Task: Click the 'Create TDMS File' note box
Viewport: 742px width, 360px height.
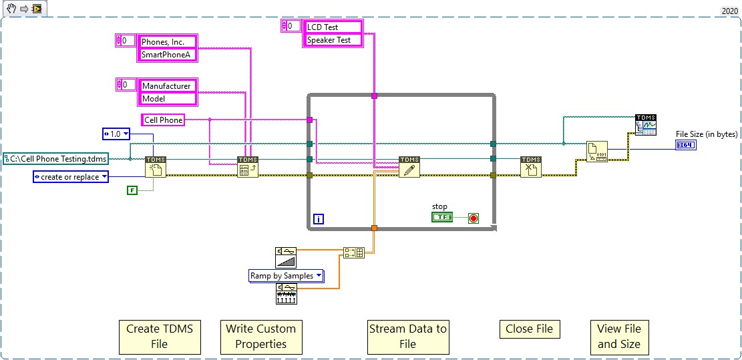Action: pos(160,337)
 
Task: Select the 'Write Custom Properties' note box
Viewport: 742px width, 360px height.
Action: pos(260,337)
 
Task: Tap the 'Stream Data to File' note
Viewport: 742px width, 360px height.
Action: pos(407,337)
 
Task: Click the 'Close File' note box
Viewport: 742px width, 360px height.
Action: pos(529,329)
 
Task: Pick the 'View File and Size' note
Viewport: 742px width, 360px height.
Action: pos(618,337)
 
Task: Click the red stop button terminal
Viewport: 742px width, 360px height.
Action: pos(474,218)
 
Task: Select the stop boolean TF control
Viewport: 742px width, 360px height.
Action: pos(441,218)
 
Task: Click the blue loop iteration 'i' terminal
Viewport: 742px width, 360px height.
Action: pos(319,219)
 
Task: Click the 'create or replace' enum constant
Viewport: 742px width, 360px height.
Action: pos(70,177)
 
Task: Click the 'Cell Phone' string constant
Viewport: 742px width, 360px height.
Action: pos(162,120)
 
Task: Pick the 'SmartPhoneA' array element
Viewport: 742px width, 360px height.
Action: pos(168,55)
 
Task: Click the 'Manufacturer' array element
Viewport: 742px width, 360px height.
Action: pos(168,85)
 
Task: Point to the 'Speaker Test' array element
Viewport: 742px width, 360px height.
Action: pos(333,40)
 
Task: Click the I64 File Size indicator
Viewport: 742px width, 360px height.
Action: pos(686,145)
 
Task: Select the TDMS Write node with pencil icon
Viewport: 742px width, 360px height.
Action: pos(409,167)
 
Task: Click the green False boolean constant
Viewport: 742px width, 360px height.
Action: pos(132,191)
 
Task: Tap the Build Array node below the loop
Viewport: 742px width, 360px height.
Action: pos(353,252)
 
